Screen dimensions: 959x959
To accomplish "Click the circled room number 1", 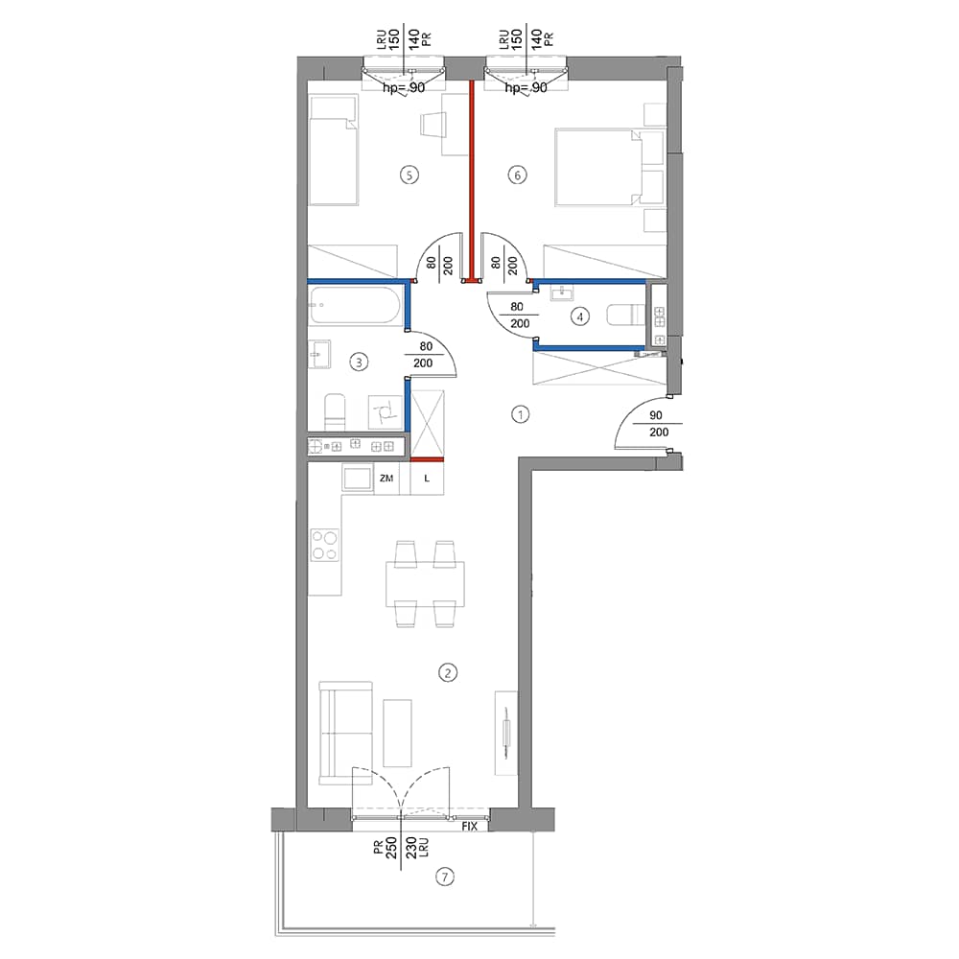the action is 520,414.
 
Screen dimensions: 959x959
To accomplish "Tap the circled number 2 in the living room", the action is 448,673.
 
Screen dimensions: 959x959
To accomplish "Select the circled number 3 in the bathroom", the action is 359,363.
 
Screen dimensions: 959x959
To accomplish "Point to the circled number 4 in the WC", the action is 580,316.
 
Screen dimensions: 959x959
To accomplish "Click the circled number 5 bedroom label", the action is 409,175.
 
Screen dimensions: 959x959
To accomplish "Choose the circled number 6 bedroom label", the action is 518,175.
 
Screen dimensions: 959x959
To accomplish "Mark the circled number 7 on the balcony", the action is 445,877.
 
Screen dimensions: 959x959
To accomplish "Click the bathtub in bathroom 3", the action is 356,305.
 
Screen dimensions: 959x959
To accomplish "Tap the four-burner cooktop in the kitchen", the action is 324,546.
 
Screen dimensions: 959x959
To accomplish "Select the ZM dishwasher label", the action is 386,479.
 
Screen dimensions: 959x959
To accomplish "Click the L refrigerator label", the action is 427,479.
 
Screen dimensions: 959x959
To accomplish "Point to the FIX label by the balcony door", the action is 469,827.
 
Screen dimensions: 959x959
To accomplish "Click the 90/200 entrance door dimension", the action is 658,424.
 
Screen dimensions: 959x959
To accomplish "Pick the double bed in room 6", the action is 609,167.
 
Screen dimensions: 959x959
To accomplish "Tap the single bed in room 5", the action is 333,151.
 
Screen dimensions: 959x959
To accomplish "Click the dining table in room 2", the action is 425,583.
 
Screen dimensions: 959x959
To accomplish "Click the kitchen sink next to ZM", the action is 358,477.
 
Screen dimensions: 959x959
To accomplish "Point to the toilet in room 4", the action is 625,316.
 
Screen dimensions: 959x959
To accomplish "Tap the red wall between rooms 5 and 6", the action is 472,181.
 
